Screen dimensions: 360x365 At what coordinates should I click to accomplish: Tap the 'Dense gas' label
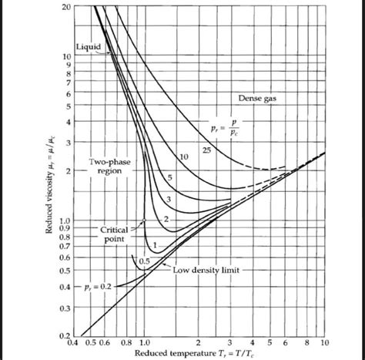[x=256, y=98]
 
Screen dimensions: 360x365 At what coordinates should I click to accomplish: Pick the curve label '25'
[x=206, y=148]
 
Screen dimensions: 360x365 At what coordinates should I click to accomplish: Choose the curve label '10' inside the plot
[x=183, y=157]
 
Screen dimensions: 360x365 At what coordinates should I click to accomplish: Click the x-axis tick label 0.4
[x=75, y=341]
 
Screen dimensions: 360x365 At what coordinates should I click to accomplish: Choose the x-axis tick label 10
[x=323, y=341]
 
